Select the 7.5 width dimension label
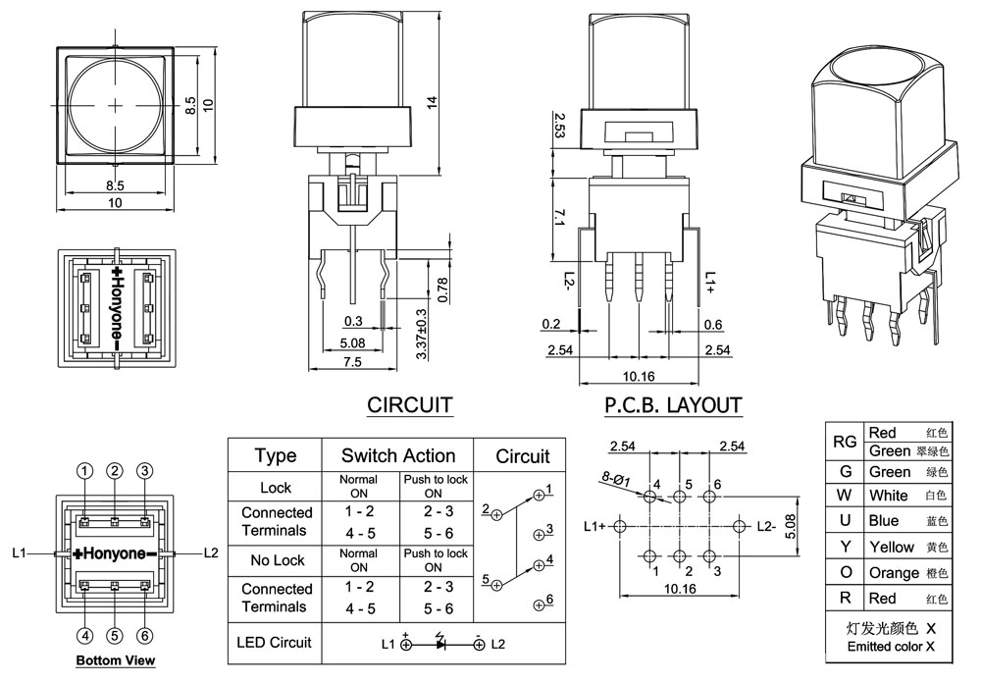pyautogui.click(x=352, y=361)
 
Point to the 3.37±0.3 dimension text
pyautogui.click(x=422, y=335)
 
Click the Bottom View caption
pyautogui.click(x=116, y=660)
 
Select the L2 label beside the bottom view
pyautogui.click(x=210, y=553)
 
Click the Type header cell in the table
pyautogui.click(x=276, y=455)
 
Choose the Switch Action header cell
pyautogui.click(x=398, y=455)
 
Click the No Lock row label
pyautogui.click(x=276, y=560)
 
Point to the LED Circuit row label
pyautogui.click(x=275, y=643)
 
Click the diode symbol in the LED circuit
pyautogui.click(x=441, y=645)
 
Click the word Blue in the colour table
pyautogui.click(x=883, y=521)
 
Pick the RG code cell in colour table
pyautogui.click(x=845, y=442)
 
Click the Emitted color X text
pyautogui.click(x=891, y=647)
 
